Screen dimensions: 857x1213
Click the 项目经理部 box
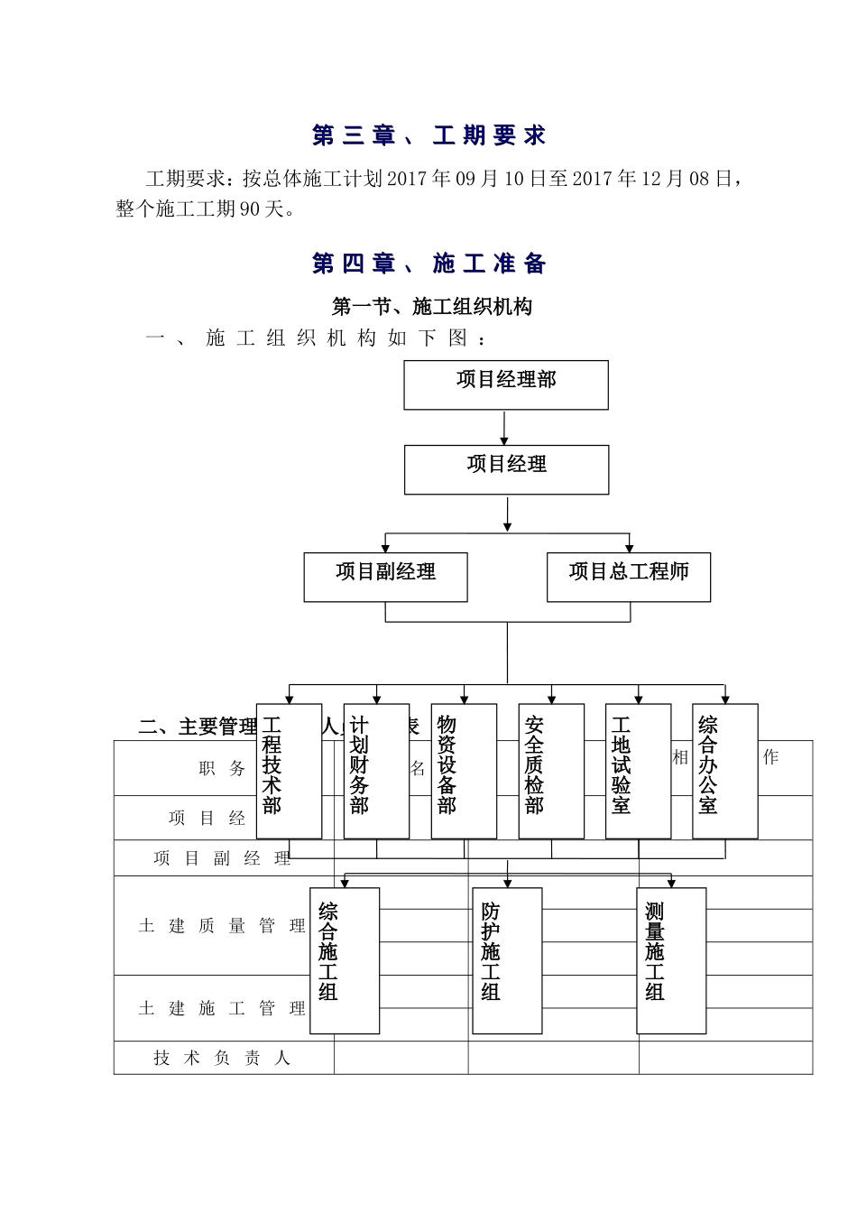click(505, 384)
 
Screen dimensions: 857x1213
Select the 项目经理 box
click(506, 468)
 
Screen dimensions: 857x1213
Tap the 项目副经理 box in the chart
click(385, 577)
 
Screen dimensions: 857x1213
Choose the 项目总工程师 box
click(628, 577)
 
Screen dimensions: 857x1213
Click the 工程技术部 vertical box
click(289, 771)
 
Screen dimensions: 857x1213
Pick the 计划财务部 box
click(376, 771)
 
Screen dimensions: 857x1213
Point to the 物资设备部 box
click(464, 771)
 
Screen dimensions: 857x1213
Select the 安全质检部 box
click(551, 771)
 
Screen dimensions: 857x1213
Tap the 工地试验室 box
click(638, 771)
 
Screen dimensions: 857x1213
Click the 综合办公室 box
click(725, 771)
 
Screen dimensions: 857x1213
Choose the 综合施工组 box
click(344, 959)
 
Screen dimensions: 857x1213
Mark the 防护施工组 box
click(507, 959)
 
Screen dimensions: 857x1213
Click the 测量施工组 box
click(671, 959)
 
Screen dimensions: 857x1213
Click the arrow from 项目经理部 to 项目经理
click(505, 427)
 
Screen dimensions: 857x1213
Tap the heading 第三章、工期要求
click(429, 135)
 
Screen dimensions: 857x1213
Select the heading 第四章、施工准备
click(429, 264)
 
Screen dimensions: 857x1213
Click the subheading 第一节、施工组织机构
click(432, 307)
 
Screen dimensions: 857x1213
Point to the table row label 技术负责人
click(222, 1058)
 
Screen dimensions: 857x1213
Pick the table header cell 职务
click(222, 768)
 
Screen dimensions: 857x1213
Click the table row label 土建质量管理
click(222, 925)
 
